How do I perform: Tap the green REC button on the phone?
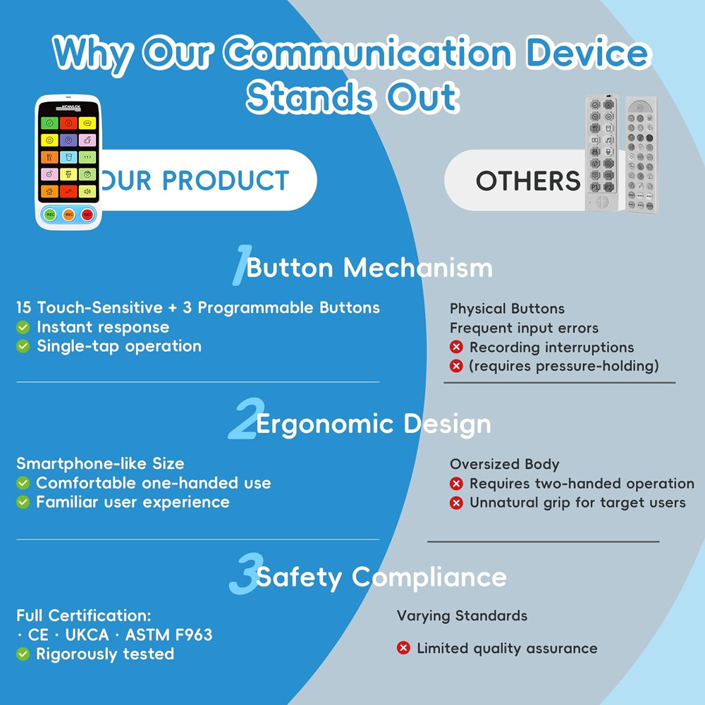(x=50, y=214)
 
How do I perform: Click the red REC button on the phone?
(x=87, y=214)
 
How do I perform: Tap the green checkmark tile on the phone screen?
(x=50, y=123)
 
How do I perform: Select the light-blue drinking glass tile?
(x=68, y=157)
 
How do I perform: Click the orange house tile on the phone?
(x=50, y=191)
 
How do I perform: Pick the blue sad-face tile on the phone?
(x=68, y=140)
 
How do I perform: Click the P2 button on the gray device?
(x=608, y=188)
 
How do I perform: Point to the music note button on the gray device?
(x=608, y=140)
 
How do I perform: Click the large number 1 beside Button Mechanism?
(x=240, y=266)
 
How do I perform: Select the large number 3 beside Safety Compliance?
(x=242, y=576)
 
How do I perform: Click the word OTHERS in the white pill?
(x=528, y=181)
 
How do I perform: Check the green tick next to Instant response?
(x=23, y=327)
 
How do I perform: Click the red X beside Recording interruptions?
(x=456, y=348)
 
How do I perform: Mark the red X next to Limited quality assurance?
(x=403, y=648)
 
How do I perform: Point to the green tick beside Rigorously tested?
(x=23, y=654)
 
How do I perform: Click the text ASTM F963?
(x=168, y=634)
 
